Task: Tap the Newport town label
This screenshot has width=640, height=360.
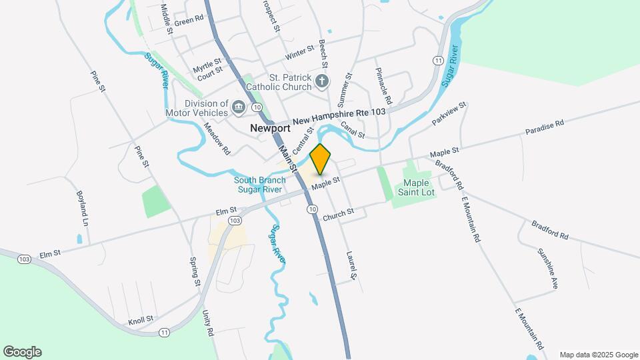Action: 270,127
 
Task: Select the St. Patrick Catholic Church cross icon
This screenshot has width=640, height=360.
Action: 322,81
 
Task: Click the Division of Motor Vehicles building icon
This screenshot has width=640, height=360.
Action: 238,106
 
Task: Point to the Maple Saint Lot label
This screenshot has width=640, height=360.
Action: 416,187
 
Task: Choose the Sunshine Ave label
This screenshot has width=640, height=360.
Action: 548,268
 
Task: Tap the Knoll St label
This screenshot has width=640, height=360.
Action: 141,319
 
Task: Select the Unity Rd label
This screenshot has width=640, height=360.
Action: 207,323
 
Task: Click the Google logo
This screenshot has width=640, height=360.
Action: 22,352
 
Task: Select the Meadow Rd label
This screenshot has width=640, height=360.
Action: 217,139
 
